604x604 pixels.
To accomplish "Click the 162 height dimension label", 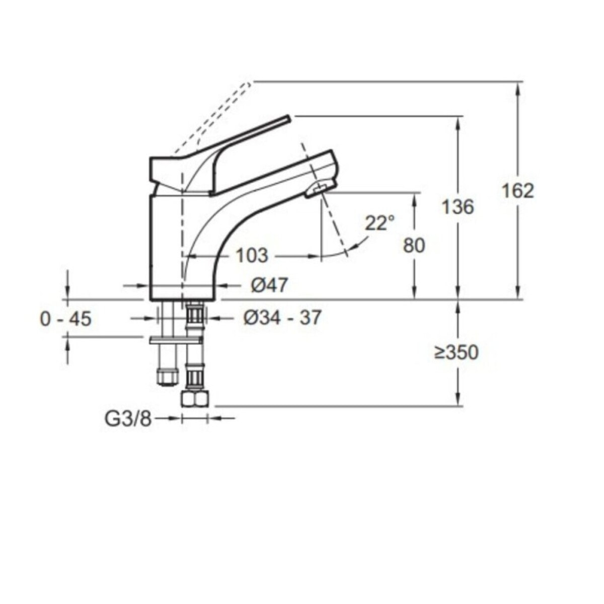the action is point(518,191).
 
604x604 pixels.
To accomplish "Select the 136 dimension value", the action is point(458,207).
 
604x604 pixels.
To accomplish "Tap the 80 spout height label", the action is point(414,246).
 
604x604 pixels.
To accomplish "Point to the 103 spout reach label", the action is point(252,256).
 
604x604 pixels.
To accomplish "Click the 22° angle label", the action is point(380,223).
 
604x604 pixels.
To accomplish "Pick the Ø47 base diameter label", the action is point(269,285).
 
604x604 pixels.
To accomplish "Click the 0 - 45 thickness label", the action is point(66,319).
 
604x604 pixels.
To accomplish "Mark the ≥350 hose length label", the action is point(457,352).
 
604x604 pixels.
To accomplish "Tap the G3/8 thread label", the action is point(128,420).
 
